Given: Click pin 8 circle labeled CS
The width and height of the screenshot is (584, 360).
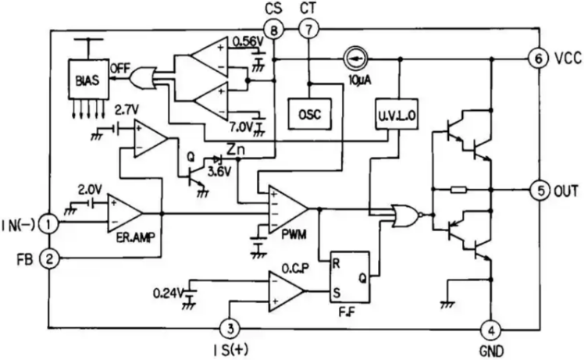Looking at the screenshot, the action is coord(274,30).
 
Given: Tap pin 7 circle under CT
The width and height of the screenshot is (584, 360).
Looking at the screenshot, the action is coord(308,29).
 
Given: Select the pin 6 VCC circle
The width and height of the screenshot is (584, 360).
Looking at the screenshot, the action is coord(539,59).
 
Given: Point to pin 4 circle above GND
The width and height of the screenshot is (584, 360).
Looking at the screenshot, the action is coord(491,330).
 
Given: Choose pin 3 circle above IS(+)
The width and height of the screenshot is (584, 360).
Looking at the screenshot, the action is coord(230,329).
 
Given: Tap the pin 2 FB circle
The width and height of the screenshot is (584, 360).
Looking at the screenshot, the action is coord(49,258).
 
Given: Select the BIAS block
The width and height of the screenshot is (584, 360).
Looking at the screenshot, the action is coord(88,80).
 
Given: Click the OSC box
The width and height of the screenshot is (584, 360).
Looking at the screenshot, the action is coord(310,114).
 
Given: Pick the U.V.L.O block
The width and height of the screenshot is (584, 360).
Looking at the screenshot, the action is coord(397,115).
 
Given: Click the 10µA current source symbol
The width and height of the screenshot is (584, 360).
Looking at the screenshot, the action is coord(355,59).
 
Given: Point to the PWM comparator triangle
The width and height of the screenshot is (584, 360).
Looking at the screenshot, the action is coord(286,209).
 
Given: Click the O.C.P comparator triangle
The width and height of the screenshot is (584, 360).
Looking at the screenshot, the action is coord(284,291).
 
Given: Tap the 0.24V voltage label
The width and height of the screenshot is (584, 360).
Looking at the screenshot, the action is coord(168,294).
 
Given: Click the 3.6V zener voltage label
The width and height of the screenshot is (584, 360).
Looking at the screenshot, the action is coord(219,172).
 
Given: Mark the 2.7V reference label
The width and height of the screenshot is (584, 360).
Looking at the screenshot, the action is coord(127,110).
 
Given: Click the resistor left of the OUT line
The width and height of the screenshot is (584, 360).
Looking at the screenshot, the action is coord(458,190).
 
